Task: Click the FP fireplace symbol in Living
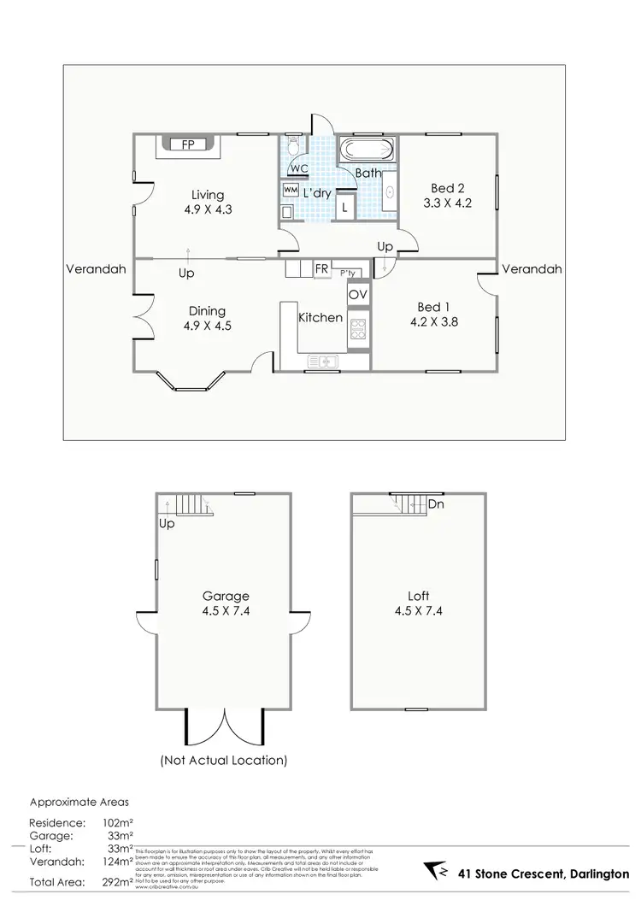coord(187,144)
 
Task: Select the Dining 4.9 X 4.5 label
coord(207,318)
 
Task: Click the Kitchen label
coord(320,318)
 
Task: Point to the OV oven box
coord(357,294)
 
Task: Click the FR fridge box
coord(321,268)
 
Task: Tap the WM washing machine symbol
coord(290,189)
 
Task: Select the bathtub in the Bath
coord(368,151)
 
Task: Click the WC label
coord(299,168)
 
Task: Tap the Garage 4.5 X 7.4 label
coord(226,603)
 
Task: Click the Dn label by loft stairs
coord(436,504)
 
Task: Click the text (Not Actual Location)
coord(224,759)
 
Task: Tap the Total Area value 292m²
coord(112,881)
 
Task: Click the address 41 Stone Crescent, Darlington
coord(542,874)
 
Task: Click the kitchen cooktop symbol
coord(357,329)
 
